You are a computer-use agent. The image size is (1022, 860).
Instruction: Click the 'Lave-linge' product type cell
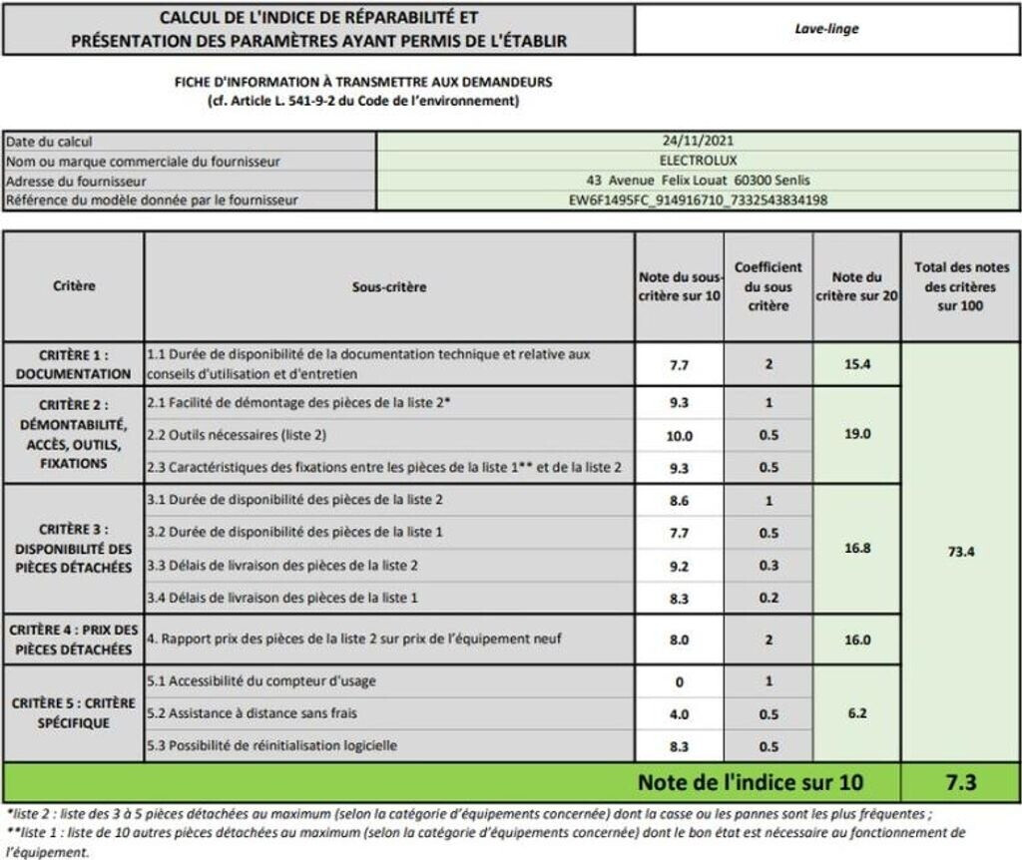pos(827,29)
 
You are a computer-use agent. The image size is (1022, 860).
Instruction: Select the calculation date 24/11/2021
pos(698,142)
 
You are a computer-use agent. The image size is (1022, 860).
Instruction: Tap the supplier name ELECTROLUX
pos(698,161)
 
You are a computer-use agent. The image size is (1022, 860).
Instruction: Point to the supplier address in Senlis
pos(698,181)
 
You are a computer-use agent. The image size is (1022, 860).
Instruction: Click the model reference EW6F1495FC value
pos(698,201)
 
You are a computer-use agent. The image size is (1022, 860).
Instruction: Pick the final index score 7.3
pos(959,781)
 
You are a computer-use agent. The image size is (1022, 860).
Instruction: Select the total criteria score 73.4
pos(959,553)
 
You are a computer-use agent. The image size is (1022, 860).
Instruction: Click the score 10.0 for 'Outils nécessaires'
pos(679,435)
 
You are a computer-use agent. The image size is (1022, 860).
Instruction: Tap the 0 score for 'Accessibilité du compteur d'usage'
pos(679,682)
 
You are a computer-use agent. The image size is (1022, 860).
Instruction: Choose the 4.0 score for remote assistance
pos(679,714)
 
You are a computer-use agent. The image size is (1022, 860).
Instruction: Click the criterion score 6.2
pos(856,714)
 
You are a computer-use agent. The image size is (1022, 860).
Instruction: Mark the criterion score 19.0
pos(856,435)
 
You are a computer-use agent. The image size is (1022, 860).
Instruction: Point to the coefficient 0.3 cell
pos(768,566)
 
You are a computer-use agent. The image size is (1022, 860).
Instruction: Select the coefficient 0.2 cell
pos(768,598)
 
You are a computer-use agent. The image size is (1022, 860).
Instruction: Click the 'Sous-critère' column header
pos(389,287)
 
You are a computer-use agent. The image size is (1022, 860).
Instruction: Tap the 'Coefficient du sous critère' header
pos(768,287)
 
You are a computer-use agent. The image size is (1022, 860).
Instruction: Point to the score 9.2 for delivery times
pos(679,566)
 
